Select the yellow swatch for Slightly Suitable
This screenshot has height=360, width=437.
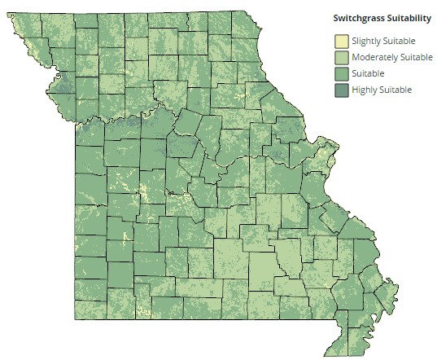(341, 41)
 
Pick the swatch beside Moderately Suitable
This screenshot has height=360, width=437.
(341, 57)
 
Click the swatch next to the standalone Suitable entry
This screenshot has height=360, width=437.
(341, 73)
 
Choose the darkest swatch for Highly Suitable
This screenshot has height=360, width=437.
(341, 90)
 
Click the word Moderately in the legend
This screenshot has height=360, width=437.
(375, 57)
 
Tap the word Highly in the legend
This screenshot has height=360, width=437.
(363, 90)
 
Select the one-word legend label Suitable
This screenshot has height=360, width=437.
(368, 73)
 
